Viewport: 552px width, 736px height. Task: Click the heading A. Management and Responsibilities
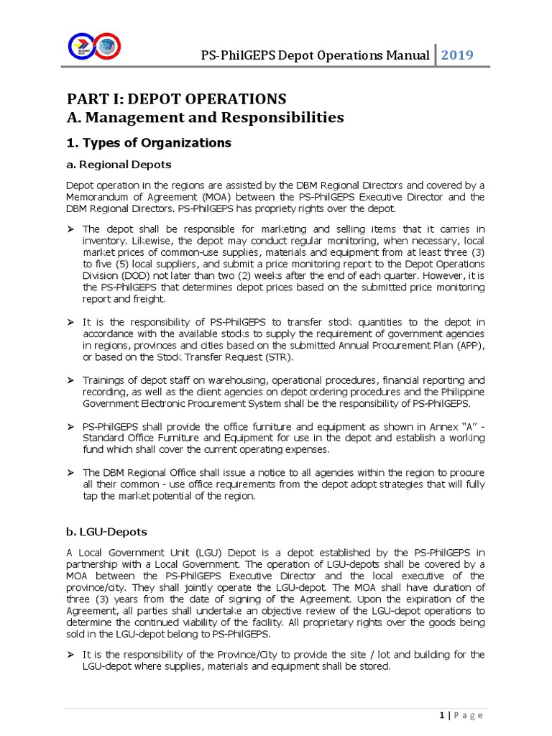click(206, 117)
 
